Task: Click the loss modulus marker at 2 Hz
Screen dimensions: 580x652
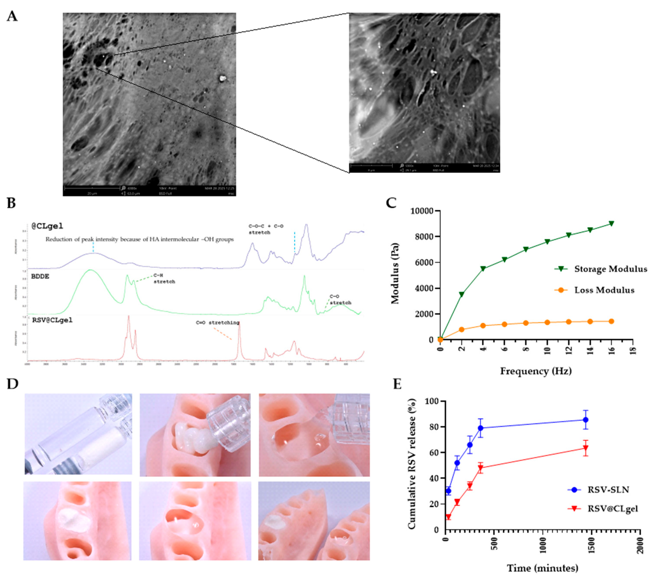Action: point(462,330)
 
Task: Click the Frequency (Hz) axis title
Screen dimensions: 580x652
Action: point(536,371)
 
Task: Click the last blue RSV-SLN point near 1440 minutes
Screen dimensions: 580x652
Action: point(585,420)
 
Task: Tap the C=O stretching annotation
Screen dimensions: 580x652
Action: point(217,323)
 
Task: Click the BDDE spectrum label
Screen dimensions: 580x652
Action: point(40,276)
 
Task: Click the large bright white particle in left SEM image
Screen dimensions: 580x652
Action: point(222,78)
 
